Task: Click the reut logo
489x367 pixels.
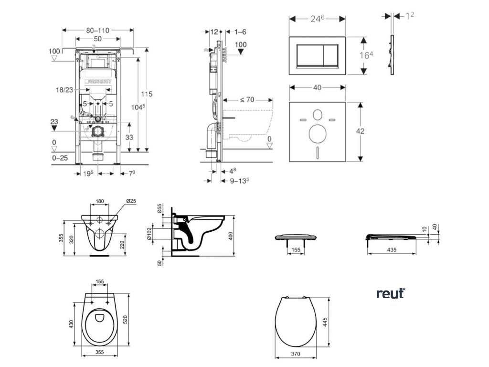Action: click(x=390, y=293)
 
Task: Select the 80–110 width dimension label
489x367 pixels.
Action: click(x=98, y=30)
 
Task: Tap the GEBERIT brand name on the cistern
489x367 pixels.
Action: click(x=100, y=82)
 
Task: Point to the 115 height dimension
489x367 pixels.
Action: click(x=147, y=94)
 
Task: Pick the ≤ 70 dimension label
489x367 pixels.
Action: click(x=246, y=100)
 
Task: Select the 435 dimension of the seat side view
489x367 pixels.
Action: click(x=392, y=249)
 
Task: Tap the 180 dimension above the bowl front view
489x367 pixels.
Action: click(x=100, y=202)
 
